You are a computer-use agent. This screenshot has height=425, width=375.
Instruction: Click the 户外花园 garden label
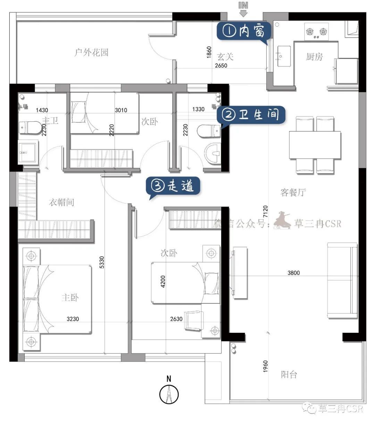[x=92, y=52]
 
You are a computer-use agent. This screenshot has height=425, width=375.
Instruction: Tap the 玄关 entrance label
[x=225, y=57]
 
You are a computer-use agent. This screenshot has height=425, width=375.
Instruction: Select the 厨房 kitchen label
[x=314, y=57]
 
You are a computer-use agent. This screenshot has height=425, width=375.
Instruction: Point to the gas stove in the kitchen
[x=316, y=31]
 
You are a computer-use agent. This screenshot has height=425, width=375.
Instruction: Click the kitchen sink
[x=284, y=56]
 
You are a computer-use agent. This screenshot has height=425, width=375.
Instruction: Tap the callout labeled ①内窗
[x=244, y=31]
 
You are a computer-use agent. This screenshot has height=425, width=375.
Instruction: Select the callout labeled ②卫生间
[x=251, y=115]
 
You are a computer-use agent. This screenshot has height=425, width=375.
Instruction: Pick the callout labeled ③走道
[x=173, y=186]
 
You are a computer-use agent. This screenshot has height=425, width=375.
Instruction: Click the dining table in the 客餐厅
[x=315, y=145]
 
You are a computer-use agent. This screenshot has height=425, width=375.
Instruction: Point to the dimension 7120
[x=265, y=211]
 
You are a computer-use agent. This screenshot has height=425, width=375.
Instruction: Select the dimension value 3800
[x=293, y=273]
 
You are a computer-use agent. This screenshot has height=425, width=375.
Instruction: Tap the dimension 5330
[x=102, y=262]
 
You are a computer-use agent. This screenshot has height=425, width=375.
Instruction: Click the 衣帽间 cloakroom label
[x=61, y=202]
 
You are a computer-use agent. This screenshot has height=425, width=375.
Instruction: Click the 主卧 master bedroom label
[x=70, y=297]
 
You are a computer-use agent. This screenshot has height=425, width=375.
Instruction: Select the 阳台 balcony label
[x=289, y=374]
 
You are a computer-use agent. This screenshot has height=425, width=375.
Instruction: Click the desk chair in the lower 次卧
[x=194, y=321]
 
